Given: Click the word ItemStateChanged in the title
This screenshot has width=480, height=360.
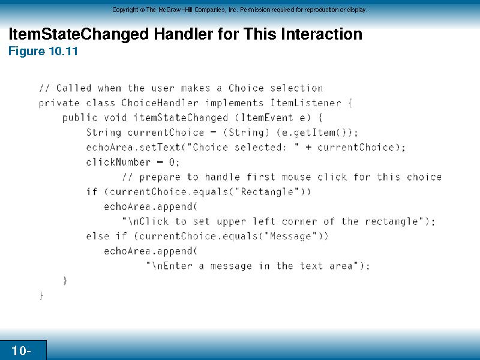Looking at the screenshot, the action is (79, 34).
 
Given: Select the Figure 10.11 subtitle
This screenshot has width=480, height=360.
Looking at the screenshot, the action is (43, 51).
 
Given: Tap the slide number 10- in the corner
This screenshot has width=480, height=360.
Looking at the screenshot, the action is (21, 350).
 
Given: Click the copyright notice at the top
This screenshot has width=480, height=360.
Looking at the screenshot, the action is (239, 10).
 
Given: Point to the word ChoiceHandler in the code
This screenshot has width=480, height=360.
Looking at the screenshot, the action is (160, 103).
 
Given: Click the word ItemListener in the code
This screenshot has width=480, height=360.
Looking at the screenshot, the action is (305, 103).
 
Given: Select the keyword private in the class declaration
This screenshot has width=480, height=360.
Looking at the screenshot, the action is (59, 103).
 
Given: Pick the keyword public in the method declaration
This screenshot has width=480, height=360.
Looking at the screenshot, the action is (80, 118).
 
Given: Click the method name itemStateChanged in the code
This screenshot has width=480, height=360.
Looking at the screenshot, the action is (181, 118).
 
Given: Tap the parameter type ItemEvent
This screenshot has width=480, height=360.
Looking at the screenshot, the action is (267, 118).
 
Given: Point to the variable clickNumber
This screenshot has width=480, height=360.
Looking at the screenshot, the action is (118, 162).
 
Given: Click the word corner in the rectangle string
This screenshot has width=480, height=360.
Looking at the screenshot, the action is (299, 221).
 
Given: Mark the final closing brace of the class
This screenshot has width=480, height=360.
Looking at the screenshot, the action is (41, 296).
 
